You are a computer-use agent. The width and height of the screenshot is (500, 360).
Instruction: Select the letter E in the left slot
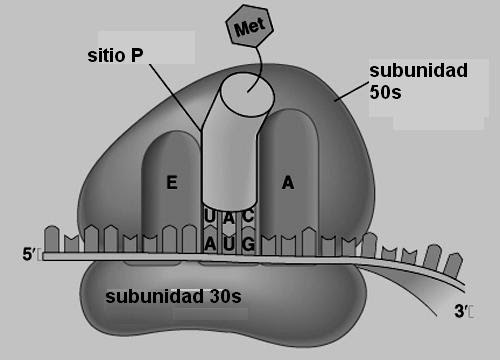click(172, 182)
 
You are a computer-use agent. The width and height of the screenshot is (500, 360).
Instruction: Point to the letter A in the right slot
click(288, 182)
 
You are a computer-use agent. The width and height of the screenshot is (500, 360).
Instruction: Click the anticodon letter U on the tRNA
click(210, 216)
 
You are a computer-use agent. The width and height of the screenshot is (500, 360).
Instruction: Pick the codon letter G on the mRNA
click(248, 244)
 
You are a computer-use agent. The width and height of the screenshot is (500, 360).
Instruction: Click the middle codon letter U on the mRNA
click(229, 244)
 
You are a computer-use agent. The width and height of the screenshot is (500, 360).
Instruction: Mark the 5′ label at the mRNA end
click(29, 255)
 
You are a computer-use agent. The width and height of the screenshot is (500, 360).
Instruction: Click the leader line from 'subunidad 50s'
click(350, 90)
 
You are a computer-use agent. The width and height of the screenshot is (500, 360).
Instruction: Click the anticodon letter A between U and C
click(229, 216)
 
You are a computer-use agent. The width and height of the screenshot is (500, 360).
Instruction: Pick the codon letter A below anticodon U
click(210, 244)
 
